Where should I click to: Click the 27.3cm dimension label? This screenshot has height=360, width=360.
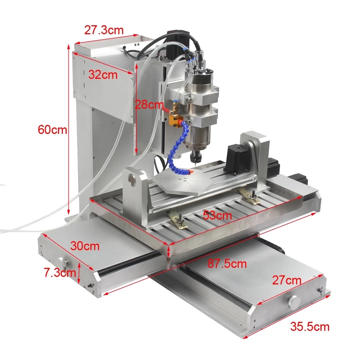click(104, 30)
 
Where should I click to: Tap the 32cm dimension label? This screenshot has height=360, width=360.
click(103, 75)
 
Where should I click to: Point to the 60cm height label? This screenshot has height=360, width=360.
click(53, 130)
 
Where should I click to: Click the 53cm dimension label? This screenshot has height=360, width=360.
click(217, 216)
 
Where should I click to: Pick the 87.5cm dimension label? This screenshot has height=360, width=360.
click(227, 264)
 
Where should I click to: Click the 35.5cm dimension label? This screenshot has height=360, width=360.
click(310, 327)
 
